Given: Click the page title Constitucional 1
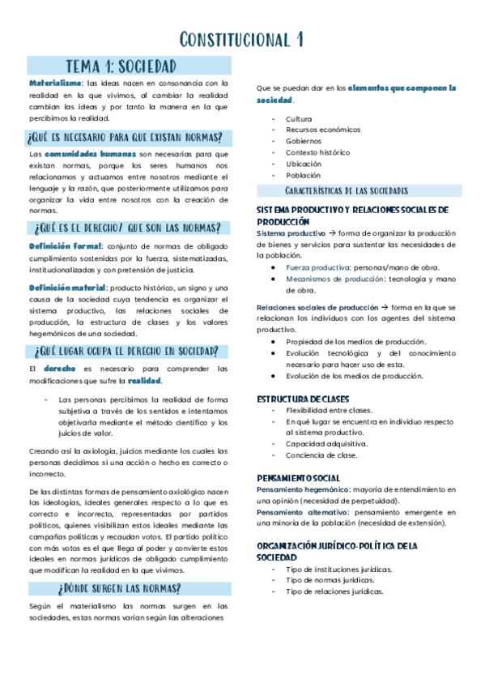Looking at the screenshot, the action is [242, 39].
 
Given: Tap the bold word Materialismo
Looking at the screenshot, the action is [55, 83].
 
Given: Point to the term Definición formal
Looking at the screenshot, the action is [66, 245].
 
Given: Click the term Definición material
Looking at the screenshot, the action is [68, 287].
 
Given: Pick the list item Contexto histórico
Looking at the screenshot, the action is [317, 151].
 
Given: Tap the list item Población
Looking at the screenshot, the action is [303, 174].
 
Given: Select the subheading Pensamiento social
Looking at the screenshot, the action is [298, 478].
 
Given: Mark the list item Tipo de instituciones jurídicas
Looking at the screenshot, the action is [338, 570].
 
